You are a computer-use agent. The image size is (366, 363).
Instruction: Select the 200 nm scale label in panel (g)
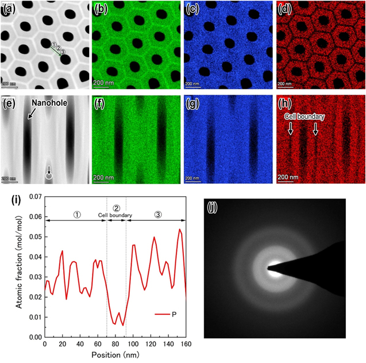click(x=197, y=177)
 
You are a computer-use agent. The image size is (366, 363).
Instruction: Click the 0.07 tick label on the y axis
click(x=34, y=197)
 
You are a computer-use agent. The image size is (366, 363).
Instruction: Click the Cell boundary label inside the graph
click(x=115, y=216)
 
